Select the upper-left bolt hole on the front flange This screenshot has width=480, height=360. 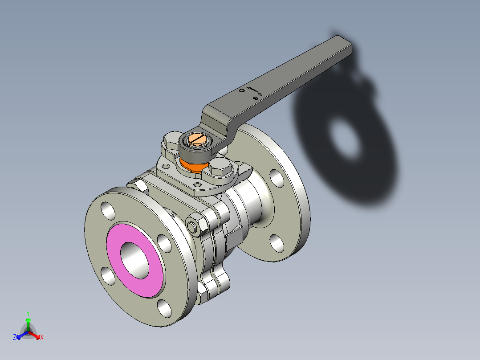tap(108, 210)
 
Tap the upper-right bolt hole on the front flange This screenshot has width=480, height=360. tap(164, 243)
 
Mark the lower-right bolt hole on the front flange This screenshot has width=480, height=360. tap(164, 308)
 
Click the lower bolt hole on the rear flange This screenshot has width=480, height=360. tap(277, 242)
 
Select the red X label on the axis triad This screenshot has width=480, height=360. tap(41, 338)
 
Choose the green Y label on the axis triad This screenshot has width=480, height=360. tap(28, 313)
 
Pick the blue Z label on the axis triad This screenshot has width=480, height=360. tap(15, 338)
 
